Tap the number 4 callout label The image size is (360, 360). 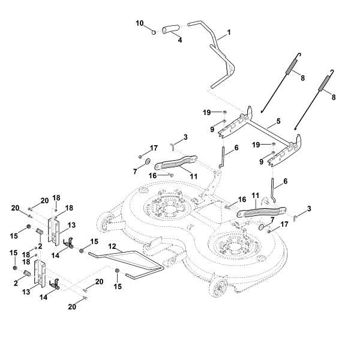[x=179, y=40]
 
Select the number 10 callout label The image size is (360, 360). [x=139, y=23]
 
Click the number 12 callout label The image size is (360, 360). [x=112, y=247]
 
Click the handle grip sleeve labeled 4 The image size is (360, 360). [x=171, y=28]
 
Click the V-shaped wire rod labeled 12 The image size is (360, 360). [x=129, y=260]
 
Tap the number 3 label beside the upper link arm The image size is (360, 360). [x=185, y=137]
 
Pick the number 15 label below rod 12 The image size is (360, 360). [x=117, y=287]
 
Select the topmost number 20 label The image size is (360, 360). [x=44, y=200]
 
